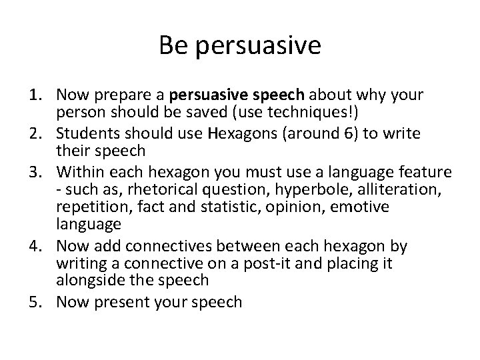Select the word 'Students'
(x=85, y=133)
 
